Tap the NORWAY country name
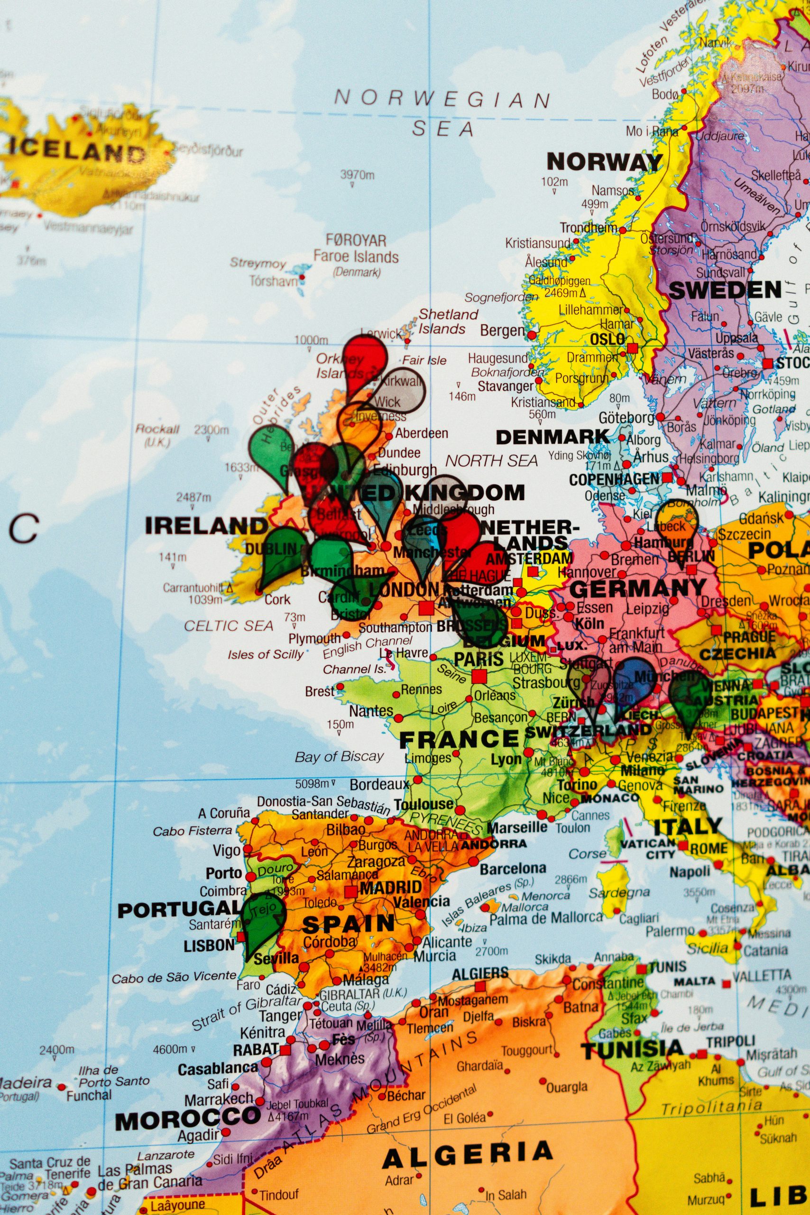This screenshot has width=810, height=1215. (604, 162)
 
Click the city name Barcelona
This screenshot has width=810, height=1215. (513, 868)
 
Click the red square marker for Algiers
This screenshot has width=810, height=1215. (480, 986)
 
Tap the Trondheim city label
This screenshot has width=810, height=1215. (589, 227)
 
